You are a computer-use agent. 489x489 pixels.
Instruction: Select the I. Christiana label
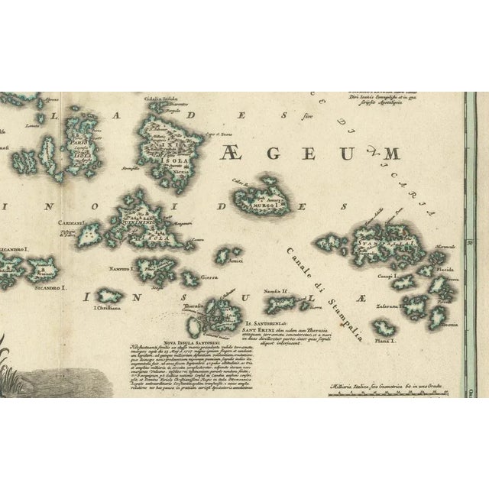[x=107, y=309]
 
